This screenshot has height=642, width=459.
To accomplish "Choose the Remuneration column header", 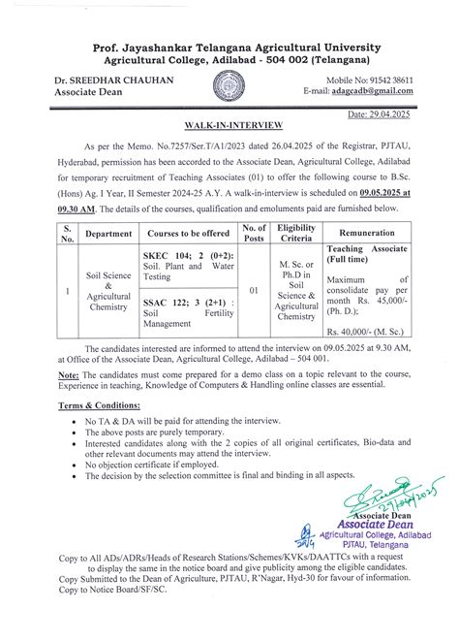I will (380, 234).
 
